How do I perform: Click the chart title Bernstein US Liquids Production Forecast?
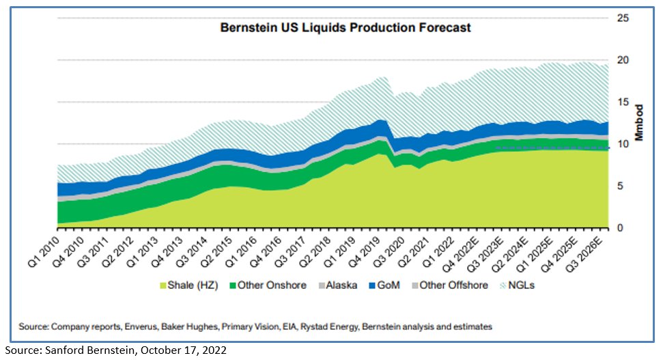pos(345,28)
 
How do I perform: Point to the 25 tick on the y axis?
pos(623,18)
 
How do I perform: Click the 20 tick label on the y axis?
pos(623,60)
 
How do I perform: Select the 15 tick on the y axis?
pos(623,102)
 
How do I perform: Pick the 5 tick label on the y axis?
pos(623,186)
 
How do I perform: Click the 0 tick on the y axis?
pos(623,228)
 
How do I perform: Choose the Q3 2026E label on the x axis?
pos(589,251)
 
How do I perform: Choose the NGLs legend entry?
pos(520,285)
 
